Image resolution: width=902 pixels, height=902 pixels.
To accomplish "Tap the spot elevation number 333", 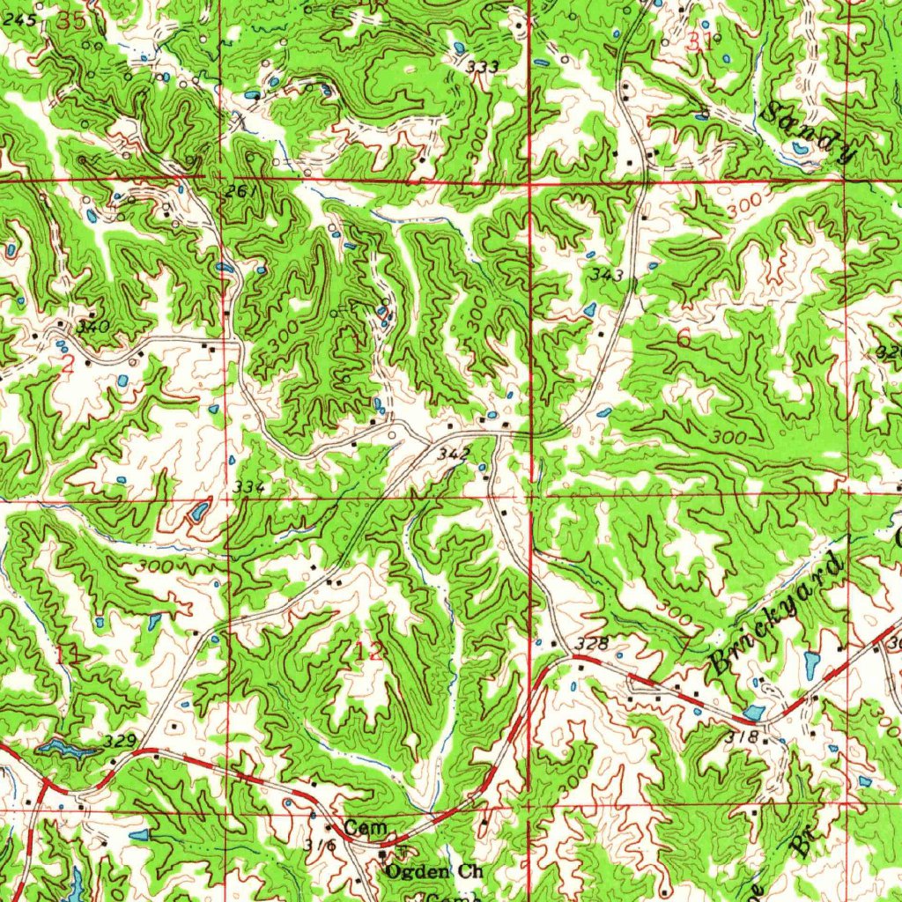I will [483, 67].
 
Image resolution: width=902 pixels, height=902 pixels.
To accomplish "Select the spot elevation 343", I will [608, 276].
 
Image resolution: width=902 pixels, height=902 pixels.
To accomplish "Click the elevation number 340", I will [92, 327].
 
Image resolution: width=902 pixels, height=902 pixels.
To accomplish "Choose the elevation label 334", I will [248, 486].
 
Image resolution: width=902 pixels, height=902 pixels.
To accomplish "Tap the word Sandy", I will [809, 132].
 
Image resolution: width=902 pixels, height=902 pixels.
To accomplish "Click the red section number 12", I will [370, 651].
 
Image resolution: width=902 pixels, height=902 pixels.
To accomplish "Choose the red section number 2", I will [68, 367].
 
